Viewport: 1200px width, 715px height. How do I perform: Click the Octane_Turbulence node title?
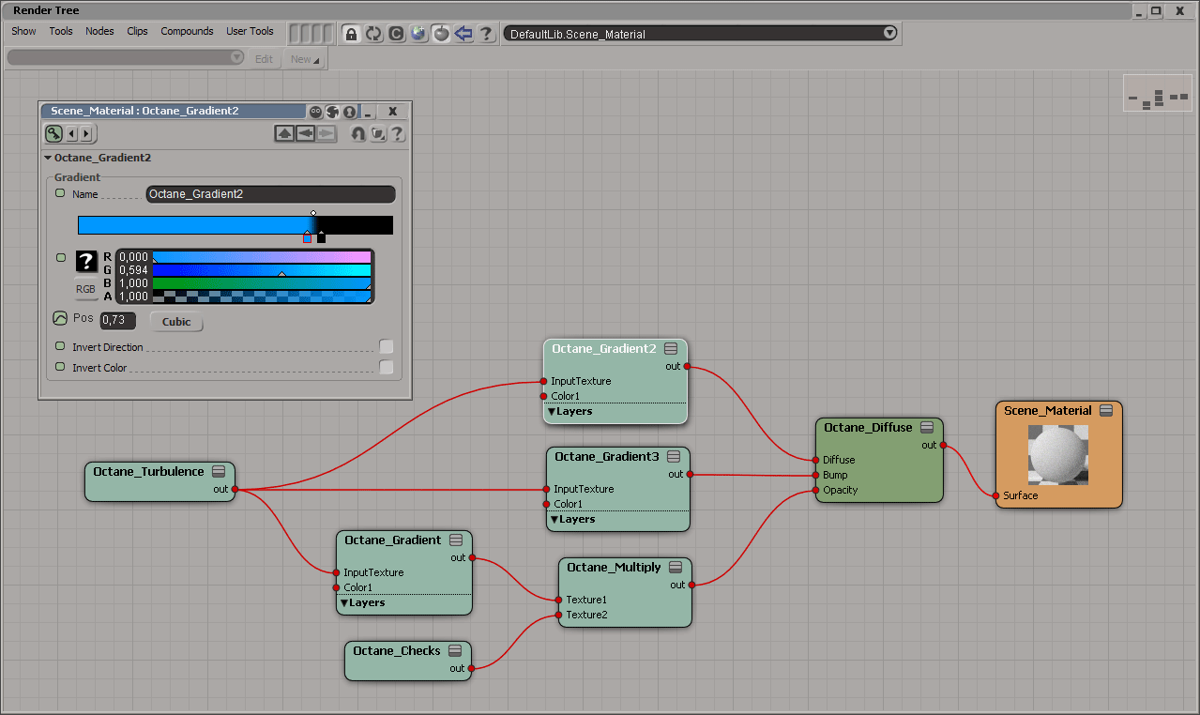[x=148, y=472]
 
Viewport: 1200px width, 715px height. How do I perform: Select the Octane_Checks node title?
[x=396, y=651]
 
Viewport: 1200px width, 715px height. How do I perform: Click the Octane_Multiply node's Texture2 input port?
[x=559, y=616]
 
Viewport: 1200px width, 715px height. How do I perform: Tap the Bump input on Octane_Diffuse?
[x=816, y=476]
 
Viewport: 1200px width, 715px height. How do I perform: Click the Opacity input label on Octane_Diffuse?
[x=840, y=491]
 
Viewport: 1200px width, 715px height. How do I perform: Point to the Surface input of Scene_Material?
[x=995, y=495]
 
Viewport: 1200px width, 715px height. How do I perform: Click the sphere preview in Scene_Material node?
[x=1058, y=454]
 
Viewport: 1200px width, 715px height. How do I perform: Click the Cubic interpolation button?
[x=176, y=322]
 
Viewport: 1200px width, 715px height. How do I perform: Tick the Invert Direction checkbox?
[x=386, y=347]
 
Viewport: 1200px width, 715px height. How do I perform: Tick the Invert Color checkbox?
[x=386, y=368]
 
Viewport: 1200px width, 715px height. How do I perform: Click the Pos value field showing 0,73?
[x=117, y=321]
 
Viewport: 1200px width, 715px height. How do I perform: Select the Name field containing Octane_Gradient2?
[x=270, y=194]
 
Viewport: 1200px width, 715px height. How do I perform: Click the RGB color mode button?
[x=85, y=289]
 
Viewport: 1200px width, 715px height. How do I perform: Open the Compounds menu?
[x=187, y=31]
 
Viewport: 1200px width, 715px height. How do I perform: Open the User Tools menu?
[x=250, y=31]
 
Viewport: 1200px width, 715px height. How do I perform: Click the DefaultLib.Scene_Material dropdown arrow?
[x=889, y=34]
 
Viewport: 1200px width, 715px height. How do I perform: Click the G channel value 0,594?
[x=133, y=270]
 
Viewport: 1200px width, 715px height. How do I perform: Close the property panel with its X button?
[x=392, y=111]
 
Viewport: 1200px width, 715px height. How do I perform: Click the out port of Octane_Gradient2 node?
[x=687, y=367]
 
